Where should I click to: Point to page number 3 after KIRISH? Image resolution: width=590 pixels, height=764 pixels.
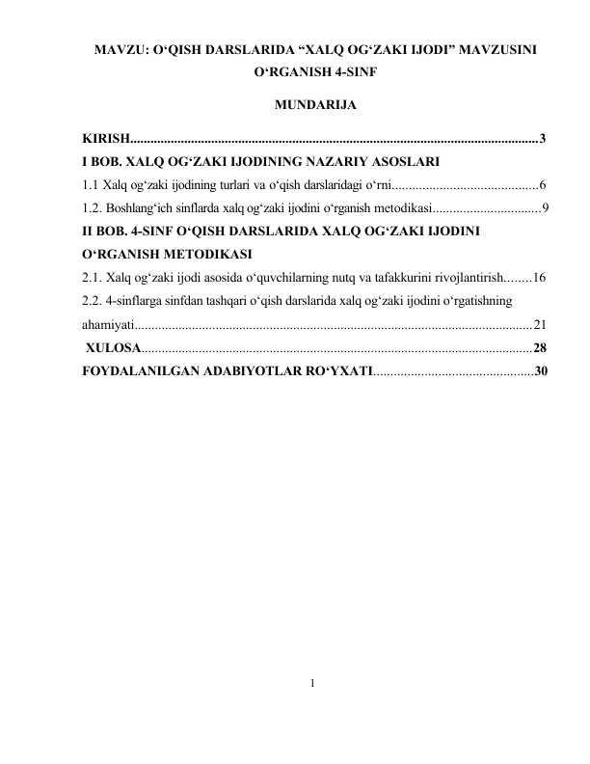tap(544, 140)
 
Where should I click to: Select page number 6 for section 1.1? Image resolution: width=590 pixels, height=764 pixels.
tap(544, 183)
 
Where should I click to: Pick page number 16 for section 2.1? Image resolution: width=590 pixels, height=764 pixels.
tap(540, 277)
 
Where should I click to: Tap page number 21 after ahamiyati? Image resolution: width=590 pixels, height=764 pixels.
tap(540, 324)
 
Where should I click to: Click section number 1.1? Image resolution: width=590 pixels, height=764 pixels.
tap(92, 183)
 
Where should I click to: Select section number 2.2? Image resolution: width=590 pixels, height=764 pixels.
tap(94, 300)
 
